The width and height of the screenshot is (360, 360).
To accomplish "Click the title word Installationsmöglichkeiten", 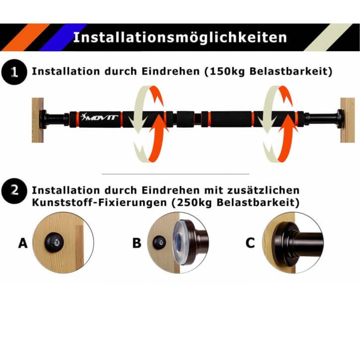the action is click(180, 37).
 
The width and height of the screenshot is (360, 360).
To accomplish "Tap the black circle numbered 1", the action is click(14, 72).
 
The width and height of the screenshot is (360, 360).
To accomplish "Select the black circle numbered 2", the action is click(14, 191).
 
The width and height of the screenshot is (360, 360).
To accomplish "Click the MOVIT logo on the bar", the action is click(99, 117).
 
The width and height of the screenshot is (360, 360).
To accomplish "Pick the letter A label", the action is click(23, 243).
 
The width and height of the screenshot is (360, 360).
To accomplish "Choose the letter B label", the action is click(137, 243).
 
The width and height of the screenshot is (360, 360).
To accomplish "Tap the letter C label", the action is click(250, 243).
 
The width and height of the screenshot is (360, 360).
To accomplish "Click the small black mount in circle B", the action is click(159, 242).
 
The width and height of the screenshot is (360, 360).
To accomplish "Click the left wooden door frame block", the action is click(38, 120).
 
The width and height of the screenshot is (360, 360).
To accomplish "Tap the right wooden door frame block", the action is click(348, 120).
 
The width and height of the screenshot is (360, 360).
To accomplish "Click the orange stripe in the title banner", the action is click(26, 37).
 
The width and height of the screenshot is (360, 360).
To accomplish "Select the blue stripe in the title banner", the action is click(64, 37).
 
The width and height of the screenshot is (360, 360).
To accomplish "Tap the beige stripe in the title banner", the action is click(328, 37).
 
